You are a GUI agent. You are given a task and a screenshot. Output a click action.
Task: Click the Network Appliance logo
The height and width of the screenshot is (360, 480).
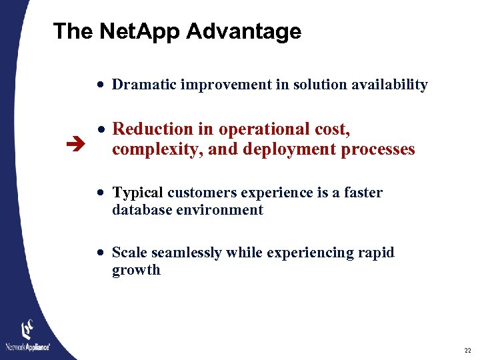28,337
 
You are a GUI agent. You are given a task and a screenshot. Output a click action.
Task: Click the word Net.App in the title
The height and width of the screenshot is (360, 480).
138,31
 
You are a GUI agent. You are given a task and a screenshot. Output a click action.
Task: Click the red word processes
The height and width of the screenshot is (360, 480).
378,149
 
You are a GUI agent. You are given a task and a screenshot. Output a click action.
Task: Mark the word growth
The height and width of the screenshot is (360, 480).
136,271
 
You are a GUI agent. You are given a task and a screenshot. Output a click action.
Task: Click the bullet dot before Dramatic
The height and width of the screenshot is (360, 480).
99,85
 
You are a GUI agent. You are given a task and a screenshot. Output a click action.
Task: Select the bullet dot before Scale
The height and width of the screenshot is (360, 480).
99,253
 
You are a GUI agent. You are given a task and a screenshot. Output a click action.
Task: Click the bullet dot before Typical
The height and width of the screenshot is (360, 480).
99,193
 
